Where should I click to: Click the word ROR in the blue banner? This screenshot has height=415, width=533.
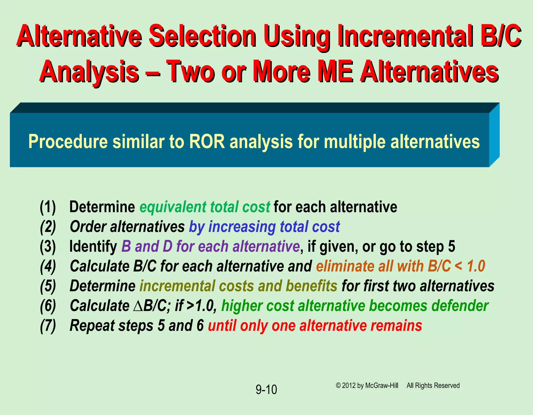click(207, 142)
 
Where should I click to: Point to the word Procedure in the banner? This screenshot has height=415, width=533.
click(68, 142)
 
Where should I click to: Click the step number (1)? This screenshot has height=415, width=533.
click(48, 207)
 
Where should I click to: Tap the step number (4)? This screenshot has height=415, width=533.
click(48, 267)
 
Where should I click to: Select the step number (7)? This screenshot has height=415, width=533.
click(48, 326)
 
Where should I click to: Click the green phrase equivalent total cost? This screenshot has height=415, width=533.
click(205, 207)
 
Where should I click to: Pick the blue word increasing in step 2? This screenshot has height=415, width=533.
click(242, 227)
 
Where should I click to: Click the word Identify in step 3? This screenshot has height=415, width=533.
click(93, 246)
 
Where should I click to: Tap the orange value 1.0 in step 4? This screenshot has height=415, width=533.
click(476, 266)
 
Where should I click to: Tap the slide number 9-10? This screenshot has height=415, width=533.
click(266, 390)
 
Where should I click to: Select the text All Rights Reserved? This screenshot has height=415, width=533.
click(433, 386)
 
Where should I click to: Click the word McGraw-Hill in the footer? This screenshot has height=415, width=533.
click(382, 386)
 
